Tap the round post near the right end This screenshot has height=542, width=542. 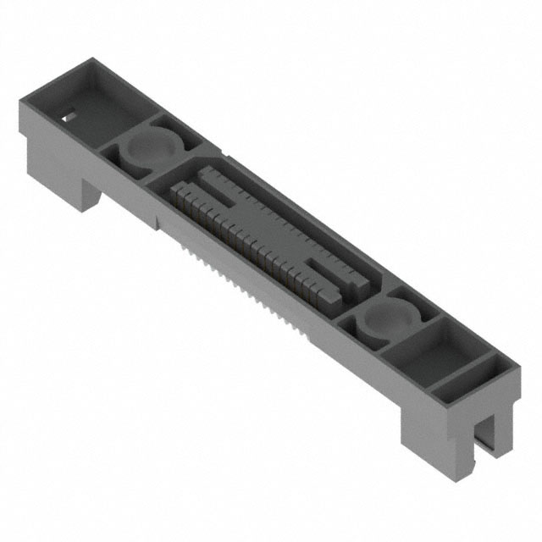(x=386, y=318)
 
